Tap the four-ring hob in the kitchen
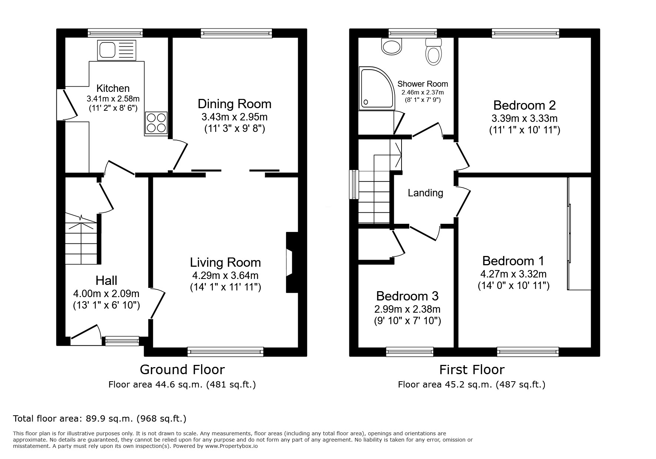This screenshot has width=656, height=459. point(156,123)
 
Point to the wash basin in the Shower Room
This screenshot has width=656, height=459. point(392,47)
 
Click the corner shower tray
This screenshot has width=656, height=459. point(376,89)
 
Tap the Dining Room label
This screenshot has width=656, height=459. point(234,104)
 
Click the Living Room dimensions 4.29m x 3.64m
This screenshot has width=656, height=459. point(225,276)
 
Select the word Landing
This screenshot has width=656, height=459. point(425,193)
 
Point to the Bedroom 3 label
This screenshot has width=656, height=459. point(407,296)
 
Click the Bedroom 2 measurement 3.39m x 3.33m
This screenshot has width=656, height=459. point(525,119)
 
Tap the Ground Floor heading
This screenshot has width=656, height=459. point(182,369)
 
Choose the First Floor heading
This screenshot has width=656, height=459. point(472,369)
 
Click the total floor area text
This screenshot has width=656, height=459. point(100,419)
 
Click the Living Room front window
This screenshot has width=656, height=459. point(226,352)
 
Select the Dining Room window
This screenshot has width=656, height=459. point(236,33)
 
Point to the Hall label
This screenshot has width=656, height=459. point(106,280)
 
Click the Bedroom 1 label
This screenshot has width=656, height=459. point(513,261)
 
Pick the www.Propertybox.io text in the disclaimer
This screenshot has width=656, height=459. point(231,446)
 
